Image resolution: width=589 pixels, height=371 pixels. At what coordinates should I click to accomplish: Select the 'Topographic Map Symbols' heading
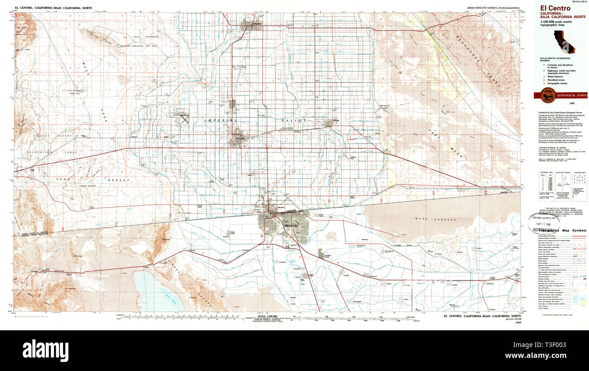pos(560,230)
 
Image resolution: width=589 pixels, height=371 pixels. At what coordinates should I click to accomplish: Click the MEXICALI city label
pos(290,225)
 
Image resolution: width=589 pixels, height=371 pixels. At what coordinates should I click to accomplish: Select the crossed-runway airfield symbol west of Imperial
pos(185,119)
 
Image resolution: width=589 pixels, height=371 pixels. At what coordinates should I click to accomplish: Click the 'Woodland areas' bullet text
pos(557,80)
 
